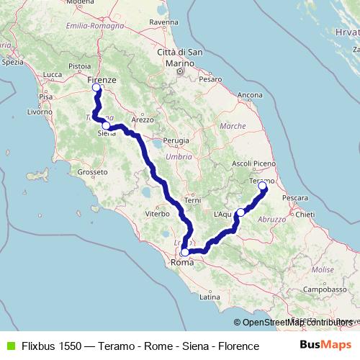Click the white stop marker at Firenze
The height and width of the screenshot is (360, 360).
(x=96, y=88)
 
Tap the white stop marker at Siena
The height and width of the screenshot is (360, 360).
(x=106, y=125)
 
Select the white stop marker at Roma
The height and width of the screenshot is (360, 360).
(x=185, y=253)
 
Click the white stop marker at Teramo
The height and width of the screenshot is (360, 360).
(x=262, y=186)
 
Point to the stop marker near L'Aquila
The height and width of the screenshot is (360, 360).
(x=240, y=212)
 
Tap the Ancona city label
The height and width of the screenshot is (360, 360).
(x=250, y=95)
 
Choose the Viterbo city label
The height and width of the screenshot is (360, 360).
(x=157, y=214)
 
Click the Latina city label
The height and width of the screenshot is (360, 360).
(x=210, y=297)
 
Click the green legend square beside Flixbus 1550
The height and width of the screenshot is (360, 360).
(x=9, y=346)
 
